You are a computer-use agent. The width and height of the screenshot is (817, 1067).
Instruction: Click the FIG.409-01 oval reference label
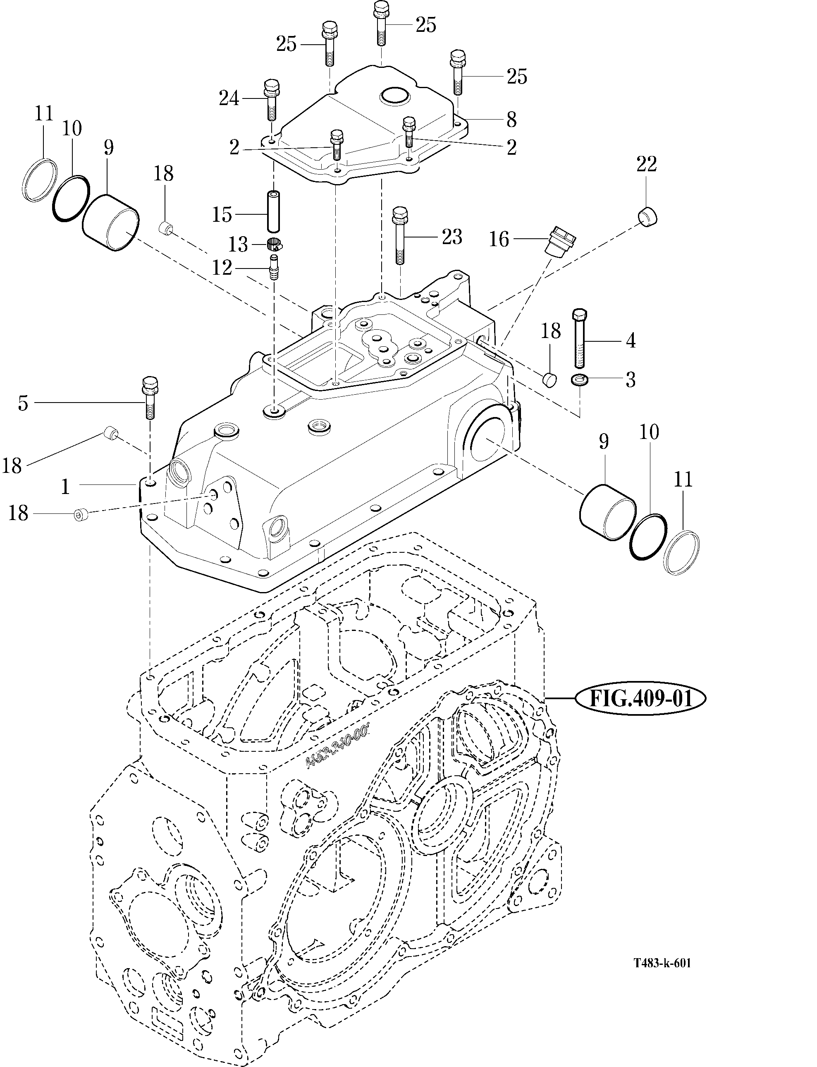640,699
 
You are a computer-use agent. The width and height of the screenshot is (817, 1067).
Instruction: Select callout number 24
229,99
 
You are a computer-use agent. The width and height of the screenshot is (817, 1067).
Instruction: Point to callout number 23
451,237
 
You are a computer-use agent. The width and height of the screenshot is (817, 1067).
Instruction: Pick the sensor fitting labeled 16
561,241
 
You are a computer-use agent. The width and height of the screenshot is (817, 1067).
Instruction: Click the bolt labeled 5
149,398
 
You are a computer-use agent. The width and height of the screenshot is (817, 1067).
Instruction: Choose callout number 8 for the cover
511,119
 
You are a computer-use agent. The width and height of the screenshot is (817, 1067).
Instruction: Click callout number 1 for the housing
66,486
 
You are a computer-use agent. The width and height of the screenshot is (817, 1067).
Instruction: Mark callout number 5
23,403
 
